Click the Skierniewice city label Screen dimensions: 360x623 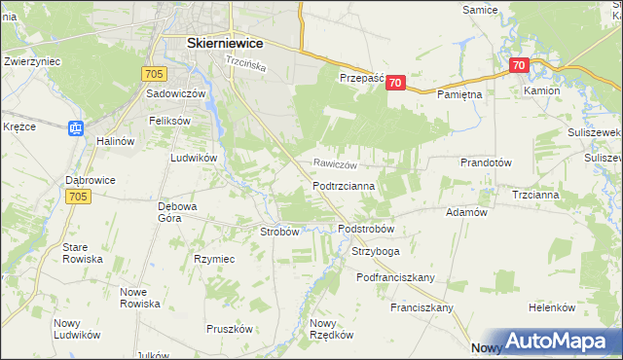pos(228,43)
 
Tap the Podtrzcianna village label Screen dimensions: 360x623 pos(350,185)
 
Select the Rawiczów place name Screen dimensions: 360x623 pos(336,164)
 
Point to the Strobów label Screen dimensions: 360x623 pos(278,232)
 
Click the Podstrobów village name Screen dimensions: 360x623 pos(365,229)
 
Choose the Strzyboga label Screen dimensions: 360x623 pos(375,251)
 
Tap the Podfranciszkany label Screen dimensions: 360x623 pos(395,277)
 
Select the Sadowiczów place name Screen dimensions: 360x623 pos(175,93)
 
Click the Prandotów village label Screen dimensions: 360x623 pos(486,162)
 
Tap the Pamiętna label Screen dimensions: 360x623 pos(459,95)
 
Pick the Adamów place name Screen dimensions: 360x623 pos(465,212)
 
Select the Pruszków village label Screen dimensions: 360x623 pos(230,329)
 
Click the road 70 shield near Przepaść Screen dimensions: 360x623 pos(394,84)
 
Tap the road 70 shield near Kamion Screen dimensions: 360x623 pos(519,66)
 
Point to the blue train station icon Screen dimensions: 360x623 pos(76,126)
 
